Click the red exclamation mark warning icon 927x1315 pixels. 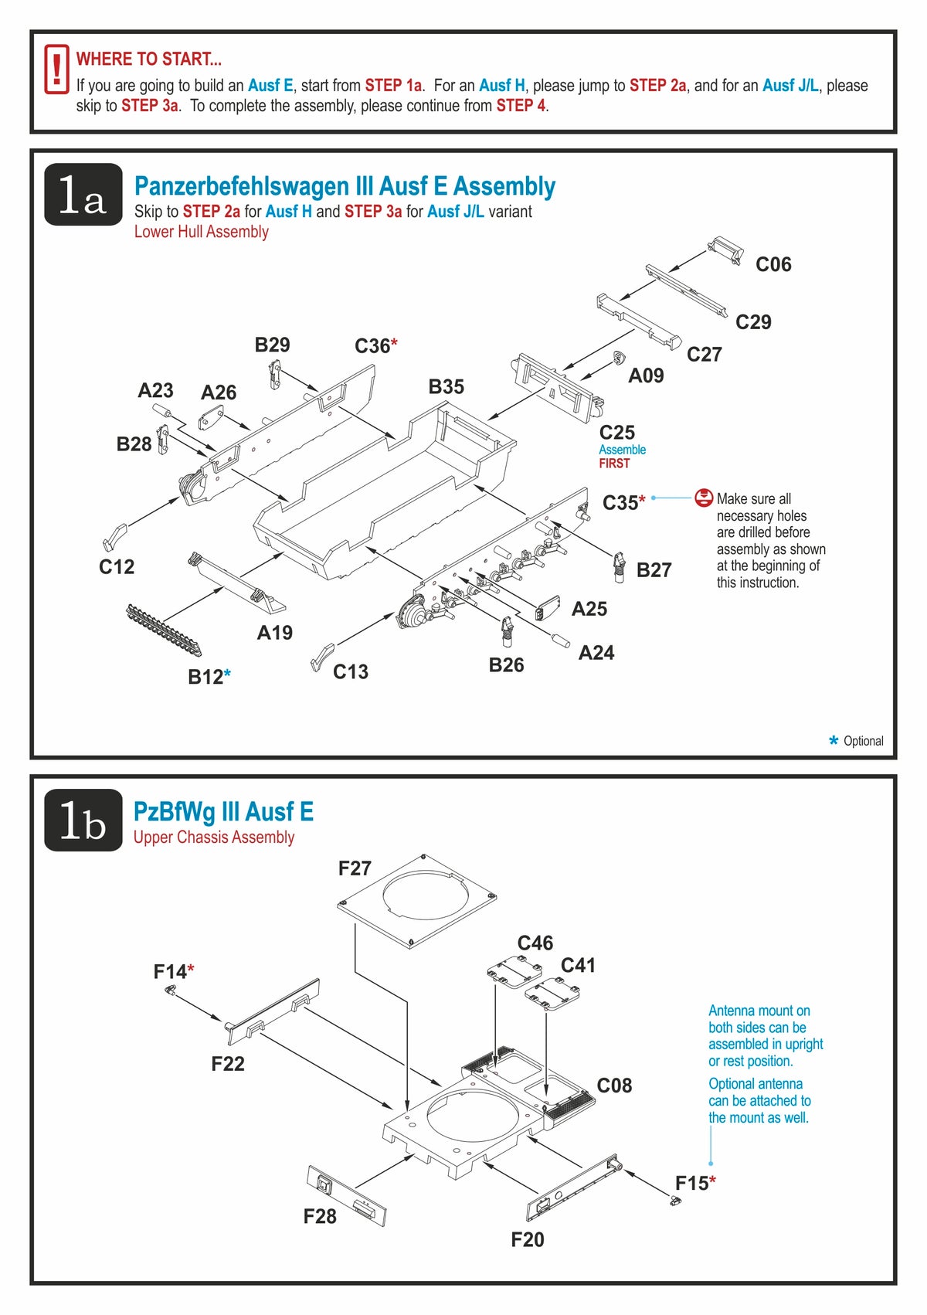[x=56, y=70]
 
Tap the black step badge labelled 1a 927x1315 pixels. [x=83, y=195]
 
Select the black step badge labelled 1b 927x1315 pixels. [x=83, y=821]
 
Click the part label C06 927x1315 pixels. [x=773, y=264]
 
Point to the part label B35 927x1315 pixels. [x=446, y=387]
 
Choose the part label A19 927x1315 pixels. [x=274, y=634]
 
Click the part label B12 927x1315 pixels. [x=205, y=678]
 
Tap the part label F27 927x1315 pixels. [x=355, y=869]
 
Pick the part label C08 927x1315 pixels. [x=614, y=1086]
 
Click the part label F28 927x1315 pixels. [x=320, y=1217]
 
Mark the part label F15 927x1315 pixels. [x=691, y=1184]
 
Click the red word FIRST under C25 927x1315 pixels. [x=614, y=464]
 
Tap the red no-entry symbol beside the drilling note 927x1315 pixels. [x=703, y=498]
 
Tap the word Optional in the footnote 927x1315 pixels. [x=863, y=741]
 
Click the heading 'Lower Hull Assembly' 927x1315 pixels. [x=201, y=232]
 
